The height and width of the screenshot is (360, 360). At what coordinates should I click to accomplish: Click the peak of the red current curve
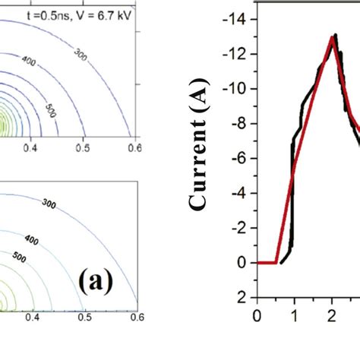332,36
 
